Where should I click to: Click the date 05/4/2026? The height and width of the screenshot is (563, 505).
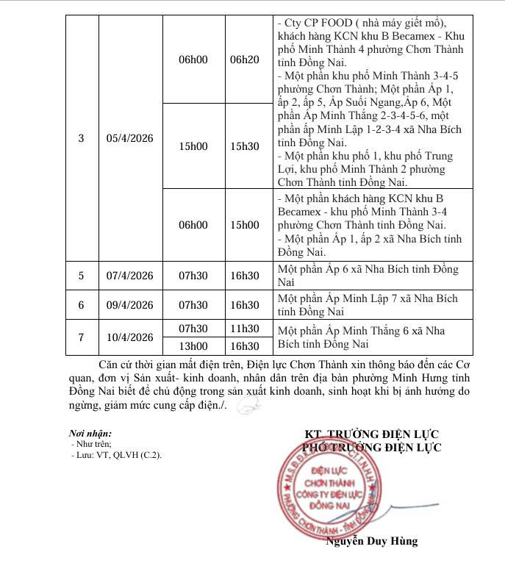tap(129, 138)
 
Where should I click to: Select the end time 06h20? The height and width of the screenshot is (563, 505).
tap(245, 59)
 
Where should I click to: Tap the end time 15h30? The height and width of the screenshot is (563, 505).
tap(245, 146)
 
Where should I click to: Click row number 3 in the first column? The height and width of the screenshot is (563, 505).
tap(81, 138)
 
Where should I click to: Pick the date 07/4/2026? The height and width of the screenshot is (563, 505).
tap(129, 276)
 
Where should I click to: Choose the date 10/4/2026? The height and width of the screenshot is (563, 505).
tap(129, 337)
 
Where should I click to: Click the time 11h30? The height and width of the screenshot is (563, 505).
tap(245, 328)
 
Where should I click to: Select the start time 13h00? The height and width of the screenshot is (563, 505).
tap(193, 345)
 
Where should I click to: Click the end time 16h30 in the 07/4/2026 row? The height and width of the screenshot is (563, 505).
tap(245, 276)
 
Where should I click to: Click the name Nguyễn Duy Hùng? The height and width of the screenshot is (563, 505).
tap(371, 541)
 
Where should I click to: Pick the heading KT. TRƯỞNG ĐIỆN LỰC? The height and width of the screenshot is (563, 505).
tap(373, 434)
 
